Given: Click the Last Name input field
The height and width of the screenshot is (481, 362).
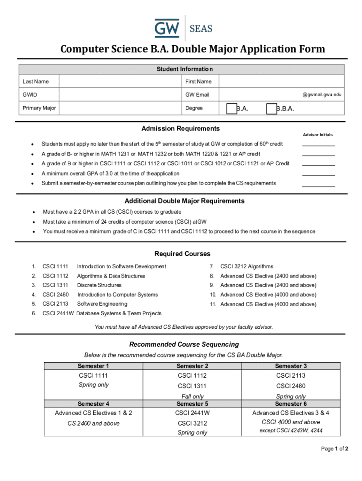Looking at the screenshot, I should point(119,81).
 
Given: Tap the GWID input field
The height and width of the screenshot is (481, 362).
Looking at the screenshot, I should point(119,94).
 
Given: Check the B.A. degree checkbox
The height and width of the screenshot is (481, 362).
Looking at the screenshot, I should point(231,109).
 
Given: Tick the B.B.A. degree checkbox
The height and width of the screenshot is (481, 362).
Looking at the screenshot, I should point(271,109).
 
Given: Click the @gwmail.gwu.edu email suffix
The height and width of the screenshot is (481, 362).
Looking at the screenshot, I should point(322,94).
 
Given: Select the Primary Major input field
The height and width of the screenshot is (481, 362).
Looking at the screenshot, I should point(119,108).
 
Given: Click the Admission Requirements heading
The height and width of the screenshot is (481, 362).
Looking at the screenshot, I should point(181,128).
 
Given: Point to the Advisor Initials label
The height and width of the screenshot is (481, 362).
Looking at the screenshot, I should point(318,135).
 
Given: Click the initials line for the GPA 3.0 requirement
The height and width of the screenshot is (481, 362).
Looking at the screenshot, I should point(318,174).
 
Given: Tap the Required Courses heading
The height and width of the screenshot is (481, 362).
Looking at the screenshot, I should point(182,254).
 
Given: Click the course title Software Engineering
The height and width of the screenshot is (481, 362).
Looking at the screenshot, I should point(102,304).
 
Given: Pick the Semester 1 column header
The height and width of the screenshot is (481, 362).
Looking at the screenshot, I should point(94,366).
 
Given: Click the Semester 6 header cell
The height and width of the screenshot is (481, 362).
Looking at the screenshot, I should point(291,403).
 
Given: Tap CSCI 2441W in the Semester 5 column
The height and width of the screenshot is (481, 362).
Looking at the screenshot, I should point(192,413).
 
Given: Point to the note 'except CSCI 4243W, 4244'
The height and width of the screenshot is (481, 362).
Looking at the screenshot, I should point(291,431).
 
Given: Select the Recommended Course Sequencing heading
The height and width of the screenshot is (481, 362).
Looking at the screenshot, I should point(184,344).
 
